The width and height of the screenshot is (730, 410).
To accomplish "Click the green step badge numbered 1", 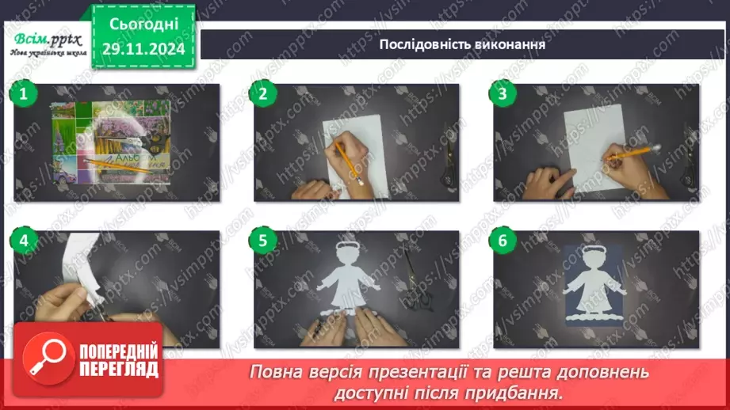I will (24, 95).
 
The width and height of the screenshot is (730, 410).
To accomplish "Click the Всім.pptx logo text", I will (45, 38).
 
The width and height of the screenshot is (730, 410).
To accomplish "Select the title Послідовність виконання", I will (462, 44).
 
